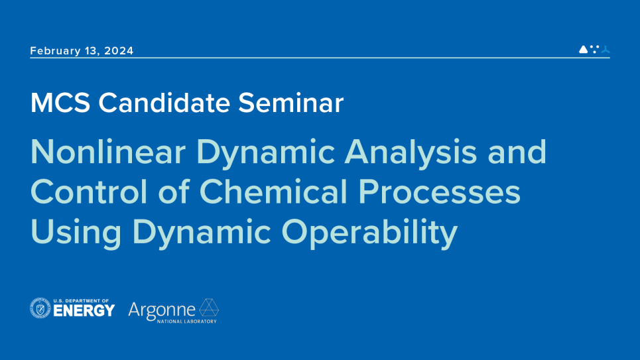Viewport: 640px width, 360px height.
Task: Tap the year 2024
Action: click(x=119, y=50)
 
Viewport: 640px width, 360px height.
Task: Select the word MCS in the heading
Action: click(x=60, y=103)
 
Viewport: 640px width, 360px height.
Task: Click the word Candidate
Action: click(x=164, y=103)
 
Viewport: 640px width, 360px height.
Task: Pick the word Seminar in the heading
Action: click(x=290, y=103)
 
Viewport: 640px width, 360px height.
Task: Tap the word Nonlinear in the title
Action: click(x=108, y=152)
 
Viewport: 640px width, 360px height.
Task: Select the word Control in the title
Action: click(x=89, y=192)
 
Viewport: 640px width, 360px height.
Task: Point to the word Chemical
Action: click(x=273, y=192)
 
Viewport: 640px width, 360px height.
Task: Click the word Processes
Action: click(x=440, y=192)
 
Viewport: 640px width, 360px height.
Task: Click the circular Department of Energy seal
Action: click(x=40, y=308)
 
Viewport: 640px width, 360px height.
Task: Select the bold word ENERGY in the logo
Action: click(x=84, y=311)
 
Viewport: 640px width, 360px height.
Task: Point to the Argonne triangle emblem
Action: click(x=209, y=308)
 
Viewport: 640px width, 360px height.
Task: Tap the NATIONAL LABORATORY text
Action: click(x=187, y=322)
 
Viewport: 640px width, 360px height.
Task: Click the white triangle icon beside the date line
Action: click(x=583, y=49)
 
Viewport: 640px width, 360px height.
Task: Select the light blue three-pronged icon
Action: click(x=606, y=49)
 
